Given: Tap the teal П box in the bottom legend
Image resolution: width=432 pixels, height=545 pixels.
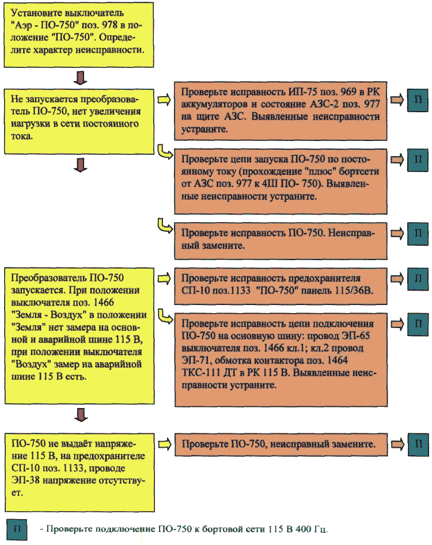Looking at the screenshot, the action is coord(17,529).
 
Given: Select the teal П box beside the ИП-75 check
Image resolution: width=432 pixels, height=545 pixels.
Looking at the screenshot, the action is coord(418,100).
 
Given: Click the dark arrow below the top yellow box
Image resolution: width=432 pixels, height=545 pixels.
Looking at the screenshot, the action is coord(80,78).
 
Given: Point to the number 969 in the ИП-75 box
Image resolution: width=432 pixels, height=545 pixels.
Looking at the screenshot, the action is coord(348,92).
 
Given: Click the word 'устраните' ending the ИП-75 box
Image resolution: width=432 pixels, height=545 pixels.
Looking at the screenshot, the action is coord(204,129).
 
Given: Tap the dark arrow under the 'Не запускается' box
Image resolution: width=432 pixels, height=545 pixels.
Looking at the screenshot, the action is coord(80,165).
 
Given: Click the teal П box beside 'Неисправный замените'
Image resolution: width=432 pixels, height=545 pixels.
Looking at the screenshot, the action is coord(418,234).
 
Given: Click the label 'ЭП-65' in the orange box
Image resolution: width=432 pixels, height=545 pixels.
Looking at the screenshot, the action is coord(356,336).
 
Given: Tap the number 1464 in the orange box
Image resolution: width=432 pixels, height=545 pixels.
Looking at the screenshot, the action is coord(337,360).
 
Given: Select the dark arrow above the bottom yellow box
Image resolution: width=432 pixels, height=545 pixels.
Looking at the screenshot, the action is coord(81,414).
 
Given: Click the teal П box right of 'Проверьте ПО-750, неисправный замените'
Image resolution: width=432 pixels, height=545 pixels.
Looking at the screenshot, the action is coord(418,444).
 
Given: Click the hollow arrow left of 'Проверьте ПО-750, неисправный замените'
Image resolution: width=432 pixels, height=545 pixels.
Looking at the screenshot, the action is coord(165,444).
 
